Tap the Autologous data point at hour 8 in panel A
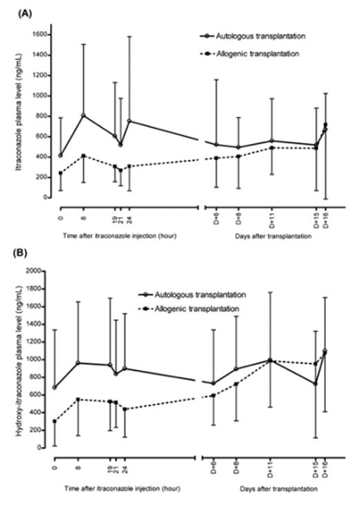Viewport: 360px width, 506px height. point(84,115)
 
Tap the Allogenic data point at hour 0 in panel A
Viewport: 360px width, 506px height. point(60,173)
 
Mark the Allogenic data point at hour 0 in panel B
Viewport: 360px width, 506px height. point(54,421)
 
